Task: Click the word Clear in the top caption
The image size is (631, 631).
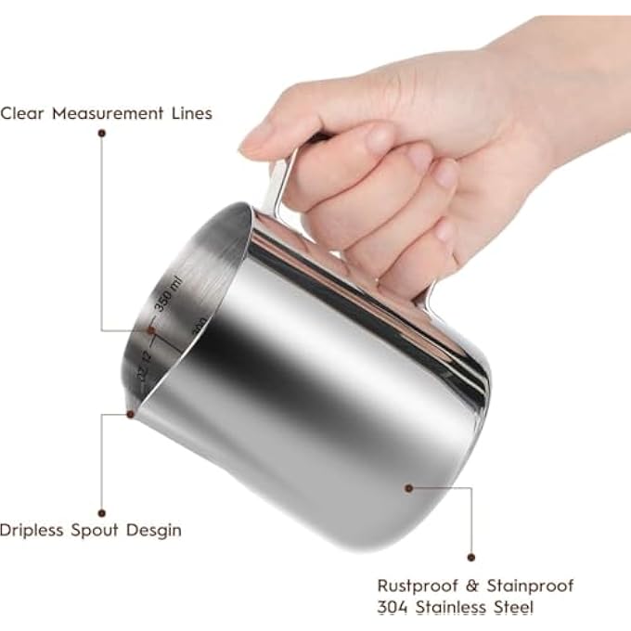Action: click(21, 113)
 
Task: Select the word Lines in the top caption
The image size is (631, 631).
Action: click(189, 113)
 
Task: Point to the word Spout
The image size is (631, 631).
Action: click(105, 531)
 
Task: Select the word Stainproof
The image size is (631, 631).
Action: click(530, 586)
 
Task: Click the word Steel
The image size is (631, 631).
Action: click(511, 608)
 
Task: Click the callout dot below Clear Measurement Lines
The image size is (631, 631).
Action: click(101, 133)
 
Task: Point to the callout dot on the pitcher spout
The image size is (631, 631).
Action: click(131, 414)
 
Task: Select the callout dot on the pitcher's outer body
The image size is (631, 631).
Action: click(408, 484)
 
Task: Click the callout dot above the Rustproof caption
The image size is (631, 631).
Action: click(470, 557)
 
